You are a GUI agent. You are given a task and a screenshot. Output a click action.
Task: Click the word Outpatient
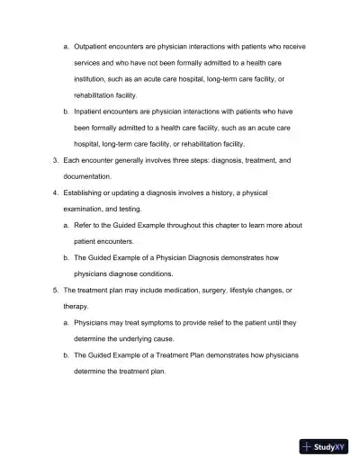[93, 45]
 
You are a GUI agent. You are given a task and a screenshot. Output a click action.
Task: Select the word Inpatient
[90, 111]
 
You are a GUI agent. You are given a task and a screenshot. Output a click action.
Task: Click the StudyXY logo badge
[323, 445]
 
